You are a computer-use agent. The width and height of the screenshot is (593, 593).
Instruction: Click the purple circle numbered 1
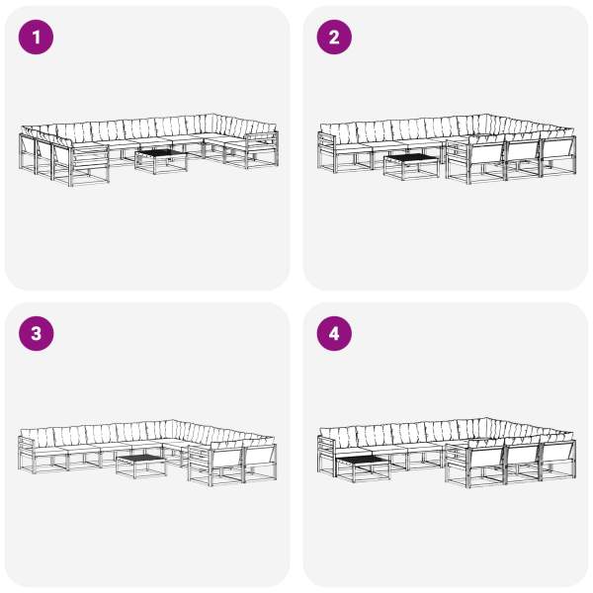click(36, 38)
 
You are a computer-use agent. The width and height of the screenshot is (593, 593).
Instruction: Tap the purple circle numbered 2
click(334, 38)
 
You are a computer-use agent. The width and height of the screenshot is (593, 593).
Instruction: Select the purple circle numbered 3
click(36, 334)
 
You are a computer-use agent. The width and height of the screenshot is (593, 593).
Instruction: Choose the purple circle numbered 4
click(334, 334)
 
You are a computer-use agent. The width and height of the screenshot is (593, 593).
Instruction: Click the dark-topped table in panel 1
click(161, 161)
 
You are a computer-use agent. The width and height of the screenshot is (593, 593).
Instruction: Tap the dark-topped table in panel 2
click(411, 166)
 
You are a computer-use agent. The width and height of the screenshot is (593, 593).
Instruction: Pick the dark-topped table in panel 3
click(141, 466)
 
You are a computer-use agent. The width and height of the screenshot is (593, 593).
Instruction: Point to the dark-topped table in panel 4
click(363, 468)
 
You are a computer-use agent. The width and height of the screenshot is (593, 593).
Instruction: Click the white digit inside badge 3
click(36, 334)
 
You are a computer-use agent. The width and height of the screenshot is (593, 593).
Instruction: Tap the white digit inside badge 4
click(334, 334)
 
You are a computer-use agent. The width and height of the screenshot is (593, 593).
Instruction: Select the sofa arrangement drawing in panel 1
click(148, 150)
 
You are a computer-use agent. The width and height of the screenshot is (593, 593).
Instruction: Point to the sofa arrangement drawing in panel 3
click(147, 453)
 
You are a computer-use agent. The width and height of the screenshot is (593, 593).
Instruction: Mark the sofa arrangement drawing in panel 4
click(447, 453)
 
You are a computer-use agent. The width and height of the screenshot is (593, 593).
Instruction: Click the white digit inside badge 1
click(37, 38)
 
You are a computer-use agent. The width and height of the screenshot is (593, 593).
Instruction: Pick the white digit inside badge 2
click(334, 38)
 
